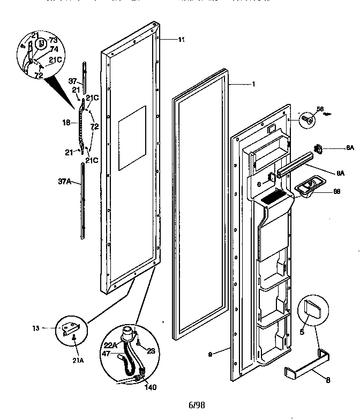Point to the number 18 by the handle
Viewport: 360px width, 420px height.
(x=66, y=123)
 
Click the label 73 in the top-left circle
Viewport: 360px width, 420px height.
(x=54, y=40)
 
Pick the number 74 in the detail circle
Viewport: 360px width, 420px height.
(x=54, y=49)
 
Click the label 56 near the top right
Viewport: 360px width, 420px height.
(x=320, y=109)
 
